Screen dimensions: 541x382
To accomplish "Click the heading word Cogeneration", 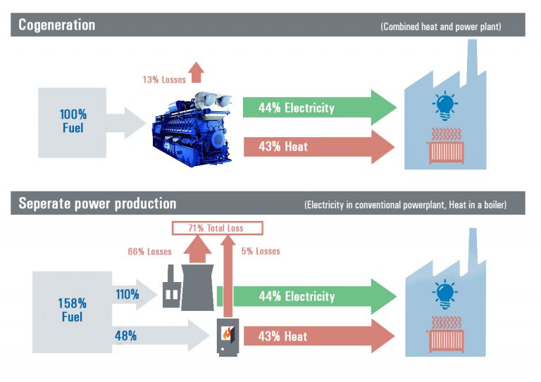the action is pos(56,25).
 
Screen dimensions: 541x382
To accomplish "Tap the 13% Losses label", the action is pos(164,79).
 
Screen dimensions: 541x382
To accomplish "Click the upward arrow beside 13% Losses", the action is pos(197,72).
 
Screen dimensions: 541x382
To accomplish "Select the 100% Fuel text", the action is pos(73,121).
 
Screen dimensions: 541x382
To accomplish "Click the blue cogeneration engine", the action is pos(192,129).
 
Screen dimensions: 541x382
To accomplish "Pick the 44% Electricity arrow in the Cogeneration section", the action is pos(320,108).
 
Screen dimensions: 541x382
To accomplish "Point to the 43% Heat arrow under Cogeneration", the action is pos(319,147).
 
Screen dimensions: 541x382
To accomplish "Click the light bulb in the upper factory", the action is pos(444,106).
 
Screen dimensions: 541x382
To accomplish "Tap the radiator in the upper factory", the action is pos(446,146).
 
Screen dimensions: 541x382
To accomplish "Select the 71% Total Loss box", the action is pos(218,228).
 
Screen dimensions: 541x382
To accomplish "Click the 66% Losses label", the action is pos(149,251).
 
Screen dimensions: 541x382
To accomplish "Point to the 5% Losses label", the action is pos(261,251).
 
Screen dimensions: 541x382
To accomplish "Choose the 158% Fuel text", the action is pos(72,310).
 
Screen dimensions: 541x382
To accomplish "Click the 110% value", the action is pos(128,295).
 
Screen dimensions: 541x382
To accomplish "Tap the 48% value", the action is pos(125,336).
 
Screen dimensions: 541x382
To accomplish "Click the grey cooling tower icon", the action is pos(197,287).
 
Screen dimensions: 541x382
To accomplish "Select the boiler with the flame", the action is pos(228,337).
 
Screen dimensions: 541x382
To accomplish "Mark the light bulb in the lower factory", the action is pos(444,294).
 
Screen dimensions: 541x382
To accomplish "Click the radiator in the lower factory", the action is pos(446,334).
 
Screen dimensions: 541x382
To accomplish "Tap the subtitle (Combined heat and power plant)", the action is pos(441,27).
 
